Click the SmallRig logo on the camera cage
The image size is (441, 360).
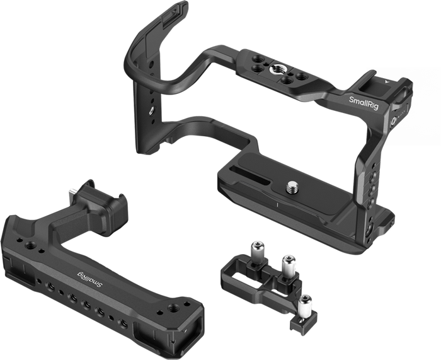(x=364, y=103)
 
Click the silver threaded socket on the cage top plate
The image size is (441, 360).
(x=275, y=68)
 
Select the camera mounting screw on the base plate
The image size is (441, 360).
(x=292, y=187)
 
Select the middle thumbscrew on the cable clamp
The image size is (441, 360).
(x=289, y=265)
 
